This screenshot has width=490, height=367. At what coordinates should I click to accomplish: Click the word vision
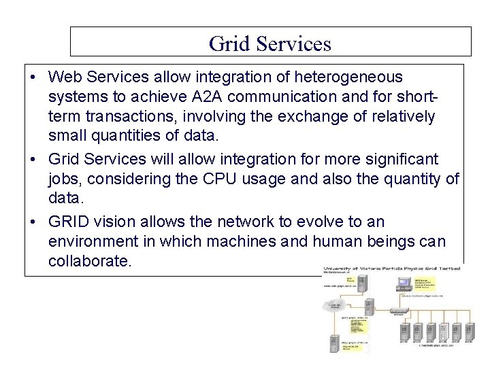pyautogui.click(x=119, y=222)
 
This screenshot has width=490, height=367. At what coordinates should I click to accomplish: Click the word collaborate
pyautogui.click(x=88, y=261)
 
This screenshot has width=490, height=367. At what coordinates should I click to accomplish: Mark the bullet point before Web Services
pyautogui.click(x=33, y=77)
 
